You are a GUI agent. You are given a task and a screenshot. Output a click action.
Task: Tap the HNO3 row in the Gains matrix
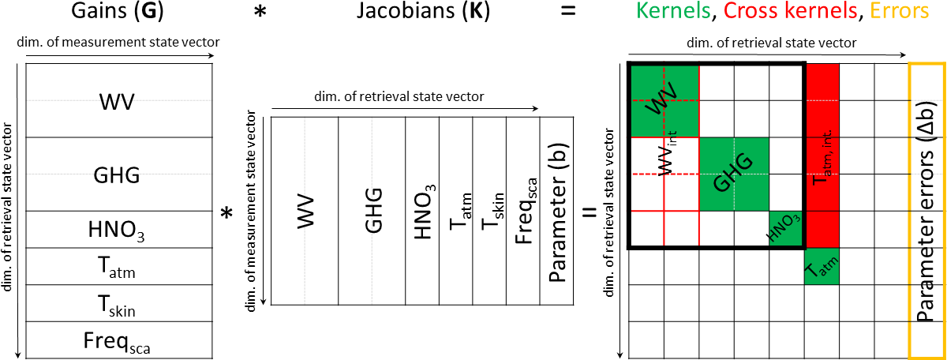118,230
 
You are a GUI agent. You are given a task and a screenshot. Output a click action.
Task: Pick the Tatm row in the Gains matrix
118,267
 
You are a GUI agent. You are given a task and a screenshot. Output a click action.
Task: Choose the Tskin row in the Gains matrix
118,304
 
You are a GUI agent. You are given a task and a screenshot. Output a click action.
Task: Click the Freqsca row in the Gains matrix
118,340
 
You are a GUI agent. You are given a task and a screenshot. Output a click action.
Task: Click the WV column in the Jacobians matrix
305,211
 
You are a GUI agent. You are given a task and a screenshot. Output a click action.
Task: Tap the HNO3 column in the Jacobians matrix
421,211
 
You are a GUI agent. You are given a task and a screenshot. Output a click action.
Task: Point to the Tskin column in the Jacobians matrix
489,211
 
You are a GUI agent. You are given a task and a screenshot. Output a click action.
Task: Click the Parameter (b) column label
557,211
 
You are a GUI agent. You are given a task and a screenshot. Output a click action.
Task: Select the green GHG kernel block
734,174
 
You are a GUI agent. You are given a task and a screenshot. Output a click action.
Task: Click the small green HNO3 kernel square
787,230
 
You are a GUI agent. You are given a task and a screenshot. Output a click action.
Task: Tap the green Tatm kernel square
822,266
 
